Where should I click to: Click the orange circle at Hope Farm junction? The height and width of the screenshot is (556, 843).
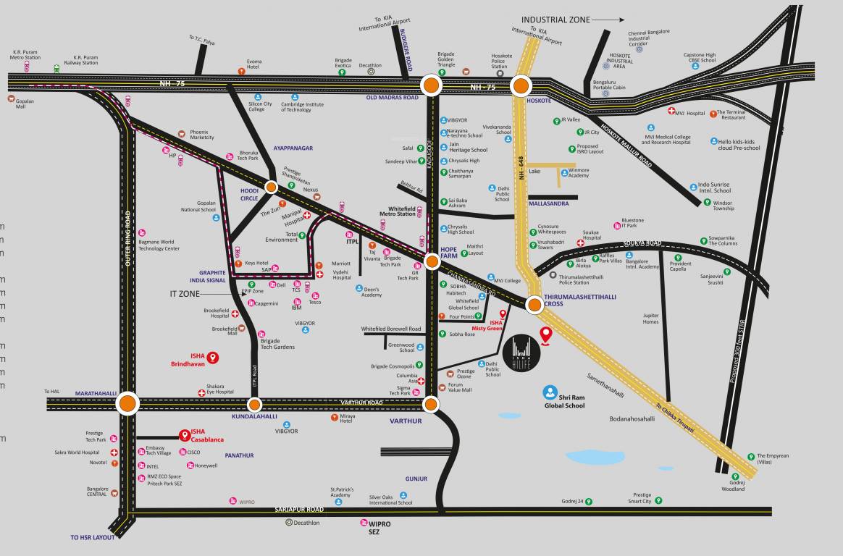[432, 261]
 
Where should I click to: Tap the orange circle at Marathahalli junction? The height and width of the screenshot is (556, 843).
[128, 403]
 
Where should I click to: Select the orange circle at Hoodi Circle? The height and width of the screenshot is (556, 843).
[271, 187]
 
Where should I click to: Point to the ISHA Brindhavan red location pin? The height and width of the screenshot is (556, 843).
[213, 357]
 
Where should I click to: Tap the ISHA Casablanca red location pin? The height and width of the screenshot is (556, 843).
[185, 436]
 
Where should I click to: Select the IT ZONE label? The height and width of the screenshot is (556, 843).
[184, 294]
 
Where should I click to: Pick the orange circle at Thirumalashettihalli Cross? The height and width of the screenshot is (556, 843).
[534, 304]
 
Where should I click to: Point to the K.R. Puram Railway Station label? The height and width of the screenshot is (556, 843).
[85, 60]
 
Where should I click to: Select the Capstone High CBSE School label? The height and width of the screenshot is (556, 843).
[700, 57]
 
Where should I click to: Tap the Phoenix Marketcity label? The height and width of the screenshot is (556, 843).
[202, 135]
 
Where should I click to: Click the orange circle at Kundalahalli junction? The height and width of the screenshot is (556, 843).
[255, 405]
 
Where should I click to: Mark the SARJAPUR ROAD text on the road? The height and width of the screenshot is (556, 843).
[299, 510]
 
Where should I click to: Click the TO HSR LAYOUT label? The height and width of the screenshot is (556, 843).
[93, 538]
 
